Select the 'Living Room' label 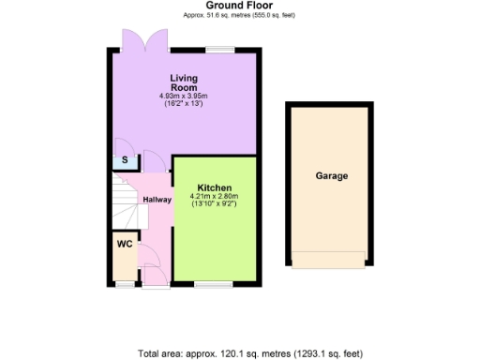(183, 82)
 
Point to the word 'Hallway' (156, 199)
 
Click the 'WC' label (124, 244)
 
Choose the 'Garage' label (331, 175)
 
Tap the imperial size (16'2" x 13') (183, 103)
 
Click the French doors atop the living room (143, 43)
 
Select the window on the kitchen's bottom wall (207, 284)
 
